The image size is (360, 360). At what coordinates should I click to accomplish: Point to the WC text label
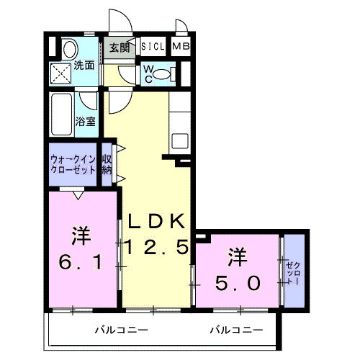[x=148, y=73]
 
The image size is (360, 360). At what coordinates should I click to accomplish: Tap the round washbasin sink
[x=69, y=50]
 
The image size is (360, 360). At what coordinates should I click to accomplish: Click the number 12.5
[x=158, y=248]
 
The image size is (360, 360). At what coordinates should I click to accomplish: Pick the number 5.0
[x=236, y=283]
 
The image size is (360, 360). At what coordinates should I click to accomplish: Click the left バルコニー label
[x=122, y=330]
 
